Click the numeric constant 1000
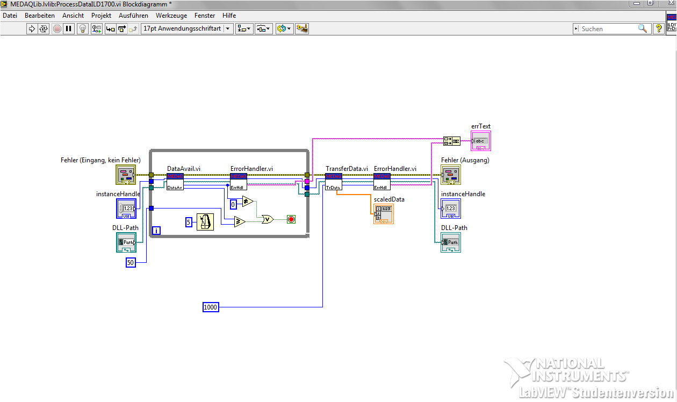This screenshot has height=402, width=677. pos(211,307)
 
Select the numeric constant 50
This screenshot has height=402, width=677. pos(131,262)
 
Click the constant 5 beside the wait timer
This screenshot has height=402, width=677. pos(189,222)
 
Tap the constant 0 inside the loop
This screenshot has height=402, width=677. pos(233,204)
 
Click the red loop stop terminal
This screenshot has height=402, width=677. pos(291,219)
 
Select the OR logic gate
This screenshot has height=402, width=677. pos(267,219)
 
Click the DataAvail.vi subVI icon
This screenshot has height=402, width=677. pos(175,182)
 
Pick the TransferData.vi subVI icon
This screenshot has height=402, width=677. pos(334,182)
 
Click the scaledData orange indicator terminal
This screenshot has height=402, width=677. pos(384,214)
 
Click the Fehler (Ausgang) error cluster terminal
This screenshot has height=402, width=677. pos(451,175)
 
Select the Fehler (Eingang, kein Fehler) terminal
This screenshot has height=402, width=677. pos(126,175)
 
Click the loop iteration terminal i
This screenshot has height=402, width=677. pos(156,231)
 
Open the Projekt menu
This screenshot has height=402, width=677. pos(102,16)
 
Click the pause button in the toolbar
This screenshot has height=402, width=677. pos(69,28)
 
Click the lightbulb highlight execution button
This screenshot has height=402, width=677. pos(82,28)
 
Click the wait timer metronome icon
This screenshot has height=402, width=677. pos(205,222)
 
